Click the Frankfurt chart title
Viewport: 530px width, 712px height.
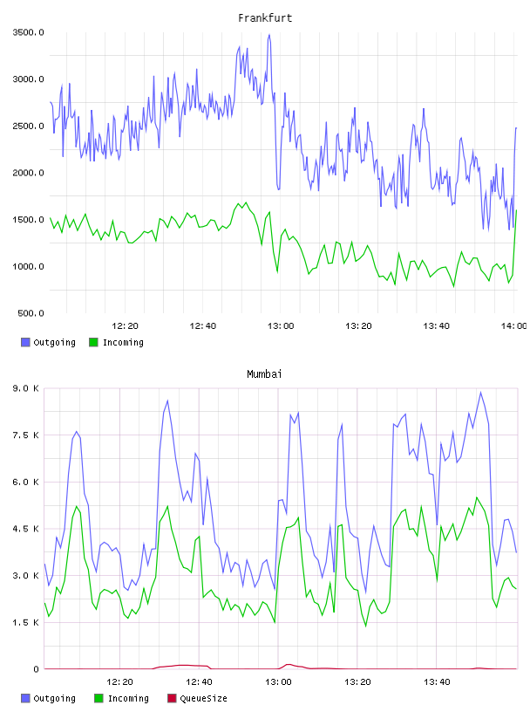click(265, 18)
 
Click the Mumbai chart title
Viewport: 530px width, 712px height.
click(264, 374)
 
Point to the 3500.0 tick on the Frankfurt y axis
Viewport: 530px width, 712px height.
click(29, 32)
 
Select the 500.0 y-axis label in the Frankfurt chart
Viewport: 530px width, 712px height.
click(31, 313)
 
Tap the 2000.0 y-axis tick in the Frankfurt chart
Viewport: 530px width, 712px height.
click(29, 173)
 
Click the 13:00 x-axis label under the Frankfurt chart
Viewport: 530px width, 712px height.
click(281, 326)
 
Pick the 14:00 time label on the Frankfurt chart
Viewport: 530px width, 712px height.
click(513, 326)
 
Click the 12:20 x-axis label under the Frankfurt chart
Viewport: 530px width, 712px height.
click(125, 326)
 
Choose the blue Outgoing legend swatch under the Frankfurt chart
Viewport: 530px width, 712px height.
click(25, 342)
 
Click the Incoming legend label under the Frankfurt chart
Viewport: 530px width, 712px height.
click(123, 343)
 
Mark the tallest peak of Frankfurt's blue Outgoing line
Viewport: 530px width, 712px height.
click(269, 35)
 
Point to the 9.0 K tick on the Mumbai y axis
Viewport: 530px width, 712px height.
click(26, 388)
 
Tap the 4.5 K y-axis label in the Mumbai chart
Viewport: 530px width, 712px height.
click(26, 529)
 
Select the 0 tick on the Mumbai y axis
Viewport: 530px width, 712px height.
click(36, 669)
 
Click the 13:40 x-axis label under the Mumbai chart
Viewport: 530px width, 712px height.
click(437, 682)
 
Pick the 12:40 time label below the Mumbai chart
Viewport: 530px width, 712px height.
click(199, 682)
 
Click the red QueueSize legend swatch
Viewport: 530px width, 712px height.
click(172, 698)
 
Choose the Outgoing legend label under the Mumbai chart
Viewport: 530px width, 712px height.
click(54, 699)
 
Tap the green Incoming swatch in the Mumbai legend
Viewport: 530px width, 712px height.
click(99, 698)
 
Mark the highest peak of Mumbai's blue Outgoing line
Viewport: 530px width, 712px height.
click(481, 393)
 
